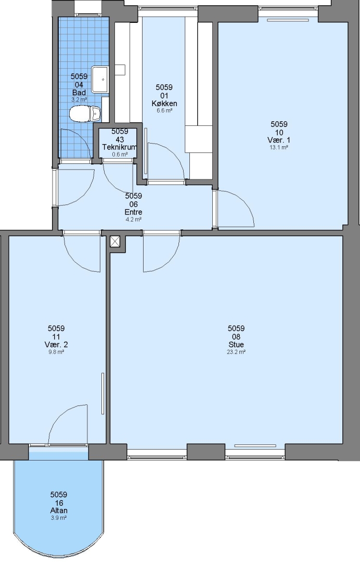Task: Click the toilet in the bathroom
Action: pos(85,113)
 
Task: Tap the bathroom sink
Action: pos(100,79)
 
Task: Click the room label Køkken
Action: pos(164,104)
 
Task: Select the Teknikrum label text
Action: pos(119,147)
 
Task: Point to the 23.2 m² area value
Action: pos(236,352)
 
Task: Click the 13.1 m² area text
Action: pos(279,147)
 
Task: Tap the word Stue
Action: pos(236,344)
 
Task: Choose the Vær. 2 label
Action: pos(56,344)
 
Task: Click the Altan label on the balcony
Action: pos(59,510)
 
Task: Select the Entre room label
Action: pos(133,212)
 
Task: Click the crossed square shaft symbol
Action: pos(114,241)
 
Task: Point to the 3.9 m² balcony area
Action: pos(59,518)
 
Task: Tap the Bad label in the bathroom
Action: pos(79,93)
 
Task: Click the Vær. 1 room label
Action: pos(279,140)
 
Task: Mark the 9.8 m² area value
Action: pos(56,352)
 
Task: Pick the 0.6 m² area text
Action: pos(120,155)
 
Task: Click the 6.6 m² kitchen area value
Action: pos(164,111)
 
